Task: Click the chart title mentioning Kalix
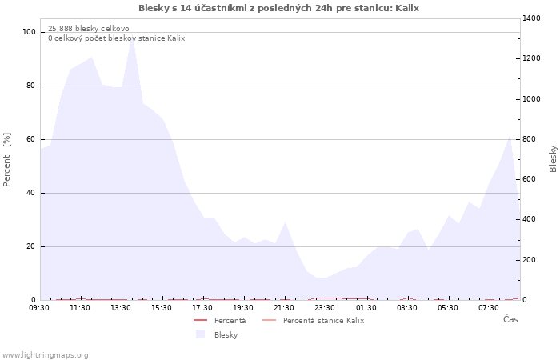278,8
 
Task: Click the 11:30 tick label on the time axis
80,308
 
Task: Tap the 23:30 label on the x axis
325,308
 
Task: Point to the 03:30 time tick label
406,308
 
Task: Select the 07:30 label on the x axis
489,308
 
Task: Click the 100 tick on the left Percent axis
29,32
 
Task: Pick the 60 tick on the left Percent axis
30,139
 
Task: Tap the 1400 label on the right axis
531,18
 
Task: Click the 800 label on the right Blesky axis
530,139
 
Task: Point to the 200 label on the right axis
530,260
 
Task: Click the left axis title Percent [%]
6,160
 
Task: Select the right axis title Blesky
553,158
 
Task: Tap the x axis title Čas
510,319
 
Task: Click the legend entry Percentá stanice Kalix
314,321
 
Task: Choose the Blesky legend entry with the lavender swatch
217,334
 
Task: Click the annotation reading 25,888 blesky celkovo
89,29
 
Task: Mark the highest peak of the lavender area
132,38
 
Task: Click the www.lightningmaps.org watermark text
45,355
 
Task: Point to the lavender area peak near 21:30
285,222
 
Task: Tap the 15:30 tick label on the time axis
162,308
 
